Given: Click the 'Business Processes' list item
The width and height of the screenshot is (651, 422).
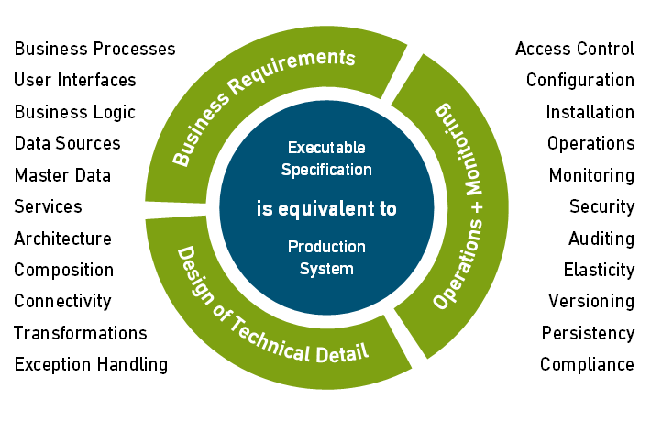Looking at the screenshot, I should [x=94, y=49].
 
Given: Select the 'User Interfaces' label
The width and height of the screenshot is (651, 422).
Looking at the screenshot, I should [x=74, y=80].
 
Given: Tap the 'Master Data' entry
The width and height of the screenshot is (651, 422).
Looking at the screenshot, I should [x=62, y=175].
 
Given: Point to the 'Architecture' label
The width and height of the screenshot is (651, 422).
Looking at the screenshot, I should [x=62, y=239].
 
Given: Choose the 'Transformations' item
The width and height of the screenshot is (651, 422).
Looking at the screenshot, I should [x=81, y=333].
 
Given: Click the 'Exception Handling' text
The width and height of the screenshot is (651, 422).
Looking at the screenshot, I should [x=91, y=364].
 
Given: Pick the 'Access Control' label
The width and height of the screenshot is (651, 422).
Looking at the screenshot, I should [x=575, y=49].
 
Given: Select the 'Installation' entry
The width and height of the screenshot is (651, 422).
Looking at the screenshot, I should [x=590, y=112].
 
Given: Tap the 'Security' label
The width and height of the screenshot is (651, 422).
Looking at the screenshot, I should [x=601, y=207].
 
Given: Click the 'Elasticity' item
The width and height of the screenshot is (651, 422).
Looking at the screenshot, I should [x=599, y=270].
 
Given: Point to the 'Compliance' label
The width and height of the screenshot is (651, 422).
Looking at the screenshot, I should [x=587, y=364].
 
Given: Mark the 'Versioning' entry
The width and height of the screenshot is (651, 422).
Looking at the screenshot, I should [x=591, y=301].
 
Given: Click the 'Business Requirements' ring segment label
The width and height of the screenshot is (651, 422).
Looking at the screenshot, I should [x=263, y=106].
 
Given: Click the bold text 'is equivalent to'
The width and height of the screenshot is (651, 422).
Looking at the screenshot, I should [x=326, y=209].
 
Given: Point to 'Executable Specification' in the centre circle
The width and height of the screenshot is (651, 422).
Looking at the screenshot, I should [x=326, y=158].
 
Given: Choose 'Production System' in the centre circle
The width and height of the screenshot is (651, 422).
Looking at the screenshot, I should [x=326, y=258].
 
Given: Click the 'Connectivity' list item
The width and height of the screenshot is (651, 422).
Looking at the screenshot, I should [x=62, y=301].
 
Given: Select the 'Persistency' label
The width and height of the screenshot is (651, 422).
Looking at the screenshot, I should [x=588, y=333].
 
